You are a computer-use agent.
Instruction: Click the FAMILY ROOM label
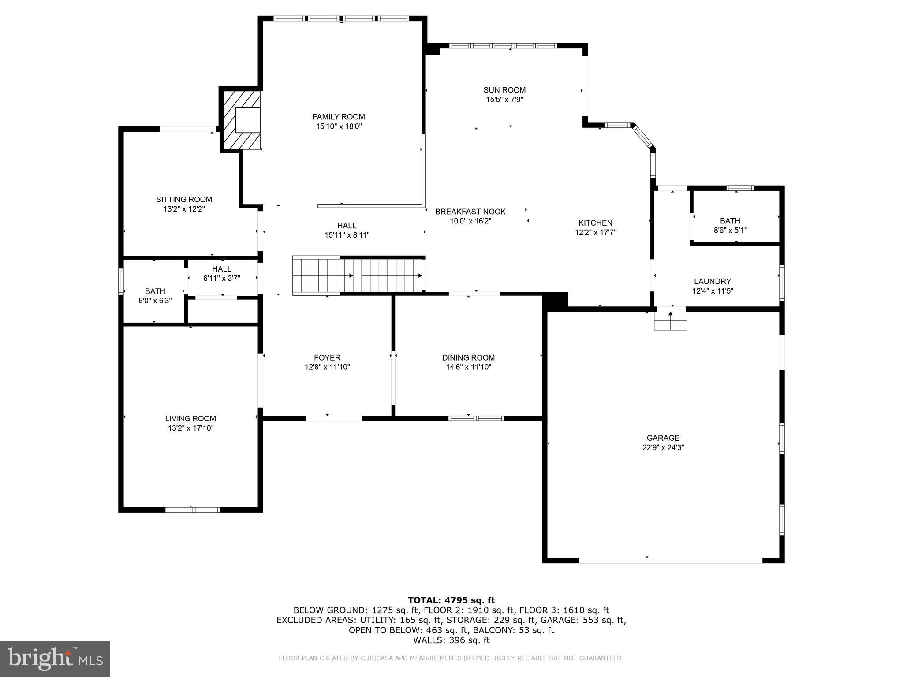pyautogui.click(x=339, y=117)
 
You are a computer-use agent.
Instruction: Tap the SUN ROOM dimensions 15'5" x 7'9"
pyautogui.click(x=504, y=100)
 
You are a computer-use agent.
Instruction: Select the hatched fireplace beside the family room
pyautogui.click(x=241, y=119)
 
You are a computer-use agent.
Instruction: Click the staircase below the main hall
pyautogui.click(x=358, y=275)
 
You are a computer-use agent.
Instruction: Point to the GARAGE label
pyautogui.click(x=663, y=438)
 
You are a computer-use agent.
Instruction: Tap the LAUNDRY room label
pyautogui.click(x=712, y=281)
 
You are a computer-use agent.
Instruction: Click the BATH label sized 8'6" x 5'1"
pyautogui.click(x=730, y=221)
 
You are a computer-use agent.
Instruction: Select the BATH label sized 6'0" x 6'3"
pyautogui.click(x=155, y=291)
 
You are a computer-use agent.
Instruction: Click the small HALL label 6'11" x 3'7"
pyautogui.click(x=221, y=269)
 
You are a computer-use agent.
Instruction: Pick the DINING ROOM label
pyautogui.click(x=468, y=357)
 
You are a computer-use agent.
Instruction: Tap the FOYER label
pyautogui.click(x=327, y=357)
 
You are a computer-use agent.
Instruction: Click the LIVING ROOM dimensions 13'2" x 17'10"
pyautogui.click(x=190, y=428)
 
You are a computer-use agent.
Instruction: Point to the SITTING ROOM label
pyautogui.click(x=184, y=199)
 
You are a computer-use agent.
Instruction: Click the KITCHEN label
pyautogui.click(x=595, y=223)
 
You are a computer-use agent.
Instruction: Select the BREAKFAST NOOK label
pyautogui.click(x=470, y=212)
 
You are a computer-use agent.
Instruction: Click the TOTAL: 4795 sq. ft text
pyautogui.click(x=451, y=600)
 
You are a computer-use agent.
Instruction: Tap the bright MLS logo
pyautogui.click(x=55, y=658)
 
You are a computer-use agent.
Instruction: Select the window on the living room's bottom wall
pyautogui.click(x=192, y=510)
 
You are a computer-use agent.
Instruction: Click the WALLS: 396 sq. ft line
pyautogui.click(x=451, y=640)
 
